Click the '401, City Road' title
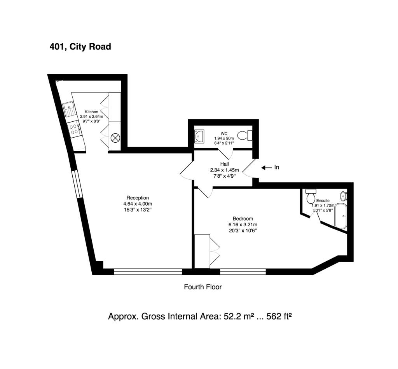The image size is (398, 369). click(x=80, y=47)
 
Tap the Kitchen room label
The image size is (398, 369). click(x=91, y=112)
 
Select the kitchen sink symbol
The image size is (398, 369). click(x=69, y=109)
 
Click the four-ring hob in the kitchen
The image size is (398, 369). click(x=74, y=129)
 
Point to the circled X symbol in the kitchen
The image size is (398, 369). click(x=115, y=138)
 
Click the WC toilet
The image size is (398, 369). click(x=245, y=135)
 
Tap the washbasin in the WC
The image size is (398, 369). click(x=199, y=136)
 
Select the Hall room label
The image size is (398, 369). click(x=224, y=164)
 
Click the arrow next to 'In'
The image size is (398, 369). click(x=267, y=168)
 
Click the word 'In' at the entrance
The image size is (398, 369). click(x=277, y=167)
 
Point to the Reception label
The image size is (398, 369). click(x=138, y=198)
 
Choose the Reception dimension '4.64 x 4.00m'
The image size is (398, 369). click(x=138, y=204)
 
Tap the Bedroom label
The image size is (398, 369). click(x=243, y=219)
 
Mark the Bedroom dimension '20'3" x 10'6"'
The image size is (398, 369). click(x=243, y=231)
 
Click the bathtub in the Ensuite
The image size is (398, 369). click(x=340, y=216)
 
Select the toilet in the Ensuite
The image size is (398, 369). click(x=311, y=195)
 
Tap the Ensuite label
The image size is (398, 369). click(x=323, y=201)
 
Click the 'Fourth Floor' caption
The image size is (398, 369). click(x=203, y=287)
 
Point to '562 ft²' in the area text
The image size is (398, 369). click(x=279, y=317)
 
